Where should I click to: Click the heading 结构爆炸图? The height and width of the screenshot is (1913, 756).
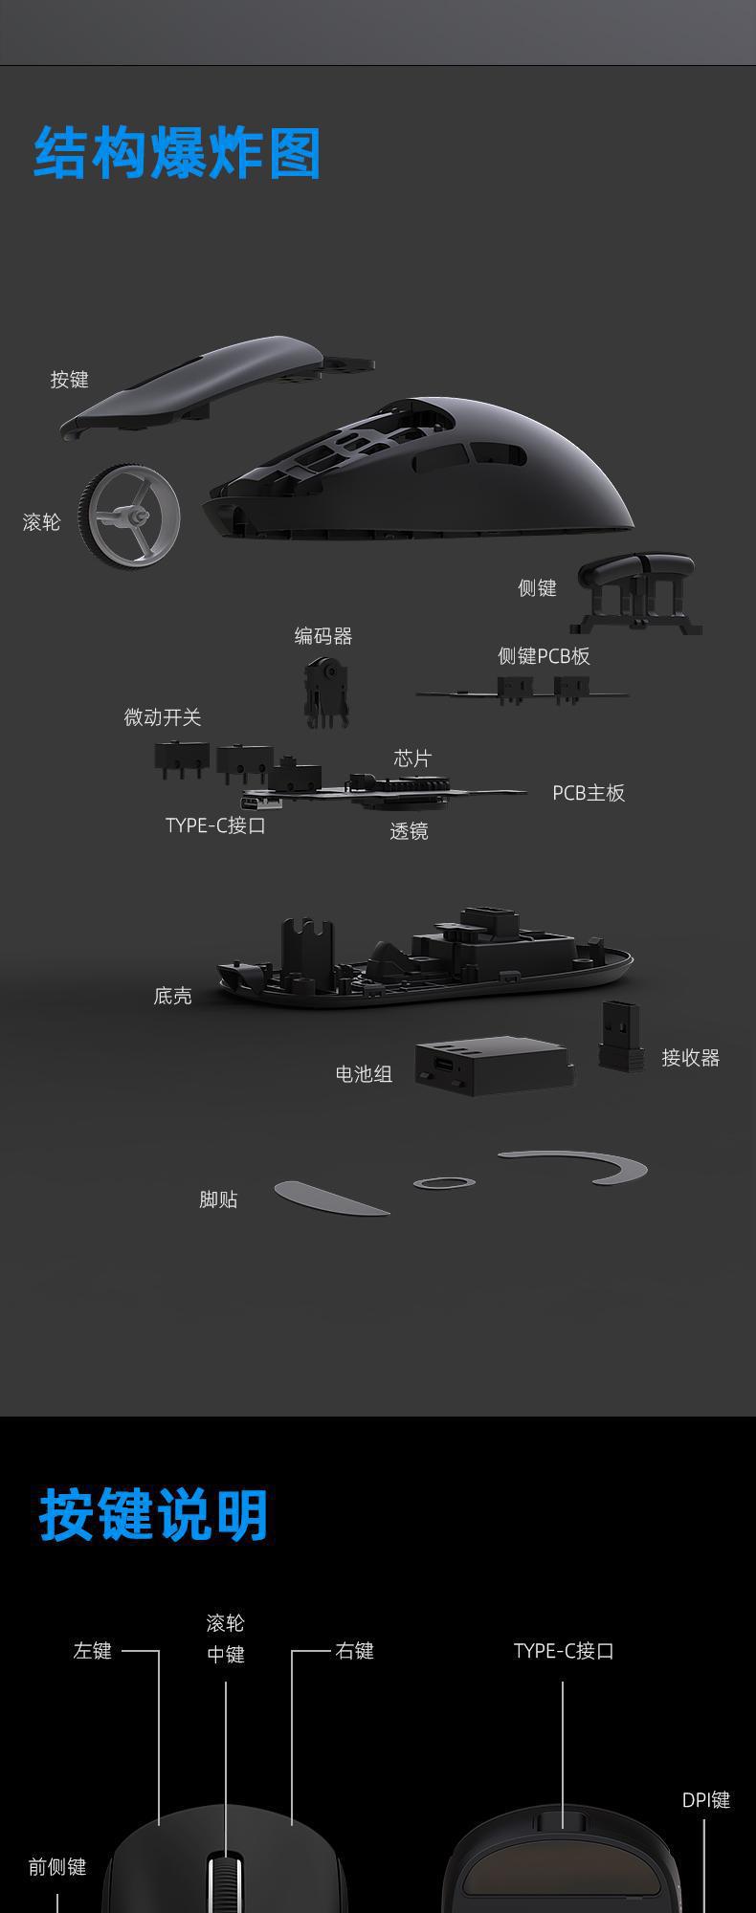point(177,153)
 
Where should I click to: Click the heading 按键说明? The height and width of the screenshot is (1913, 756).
point(153,1515)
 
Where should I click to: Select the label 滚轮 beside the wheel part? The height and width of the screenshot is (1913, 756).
point(41,522)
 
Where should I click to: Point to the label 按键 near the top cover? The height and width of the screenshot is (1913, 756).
point(69,380)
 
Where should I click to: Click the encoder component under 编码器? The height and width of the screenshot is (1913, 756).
point(325,691)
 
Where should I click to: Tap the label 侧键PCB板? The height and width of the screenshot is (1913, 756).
point(544,656)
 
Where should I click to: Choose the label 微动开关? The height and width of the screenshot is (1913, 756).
point(163,717)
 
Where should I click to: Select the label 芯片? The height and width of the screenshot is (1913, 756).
point(412,759)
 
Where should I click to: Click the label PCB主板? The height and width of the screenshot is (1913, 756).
point(589,793)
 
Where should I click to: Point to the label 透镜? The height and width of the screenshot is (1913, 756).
point(409,831)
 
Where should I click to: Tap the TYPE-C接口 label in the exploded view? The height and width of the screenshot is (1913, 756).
point(215,825)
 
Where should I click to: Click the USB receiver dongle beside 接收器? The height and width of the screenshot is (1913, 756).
point(620,1035)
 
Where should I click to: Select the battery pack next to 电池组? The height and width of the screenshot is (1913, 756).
point(493,1066)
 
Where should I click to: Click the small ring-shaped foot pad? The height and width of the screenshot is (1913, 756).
point(444,1183)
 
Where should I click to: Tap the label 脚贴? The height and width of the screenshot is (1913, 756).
point(218,1199)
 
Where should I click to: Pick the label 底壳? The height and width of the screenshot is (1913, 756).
point(172,997)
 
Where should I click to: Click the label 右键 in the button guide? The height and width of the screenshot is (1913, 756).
point(354,1651)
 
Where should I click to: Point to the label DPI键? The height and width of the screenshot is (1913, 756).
point(706,1800)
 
